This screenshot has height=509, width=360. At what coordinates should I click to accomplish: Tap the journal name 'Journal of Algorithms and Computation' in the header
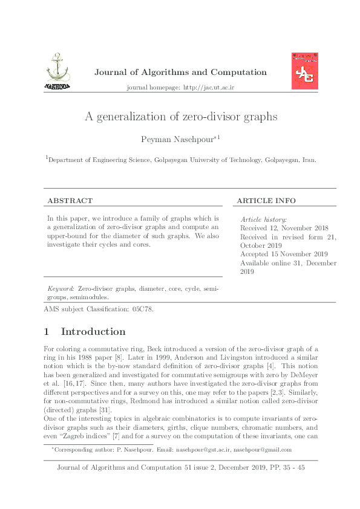pos(180,73)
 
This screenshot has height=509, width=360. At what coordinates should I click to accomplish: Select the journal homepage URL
pos(208,88)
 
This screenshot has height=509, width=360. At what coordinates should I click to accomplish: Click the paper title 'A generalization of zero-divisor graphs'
pos(180,117)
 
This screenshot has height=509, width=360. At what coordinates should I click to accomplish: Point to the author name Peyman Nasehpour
pos(178,140)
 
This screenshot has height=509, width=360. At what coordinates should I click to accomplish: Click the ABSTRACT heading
pos(70,201)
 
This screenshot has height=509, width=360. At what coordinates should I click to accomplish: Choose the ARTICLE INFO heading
pos(266,201)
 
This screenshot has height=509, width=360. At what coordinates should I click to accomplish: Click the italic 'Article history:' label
pos(264,219)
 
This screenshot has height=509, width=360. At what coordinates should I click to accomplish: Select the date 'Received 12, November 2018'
pos(284,229)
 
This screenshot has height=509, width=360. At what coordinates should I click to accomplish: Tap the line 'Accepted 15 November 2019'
pos(284,254)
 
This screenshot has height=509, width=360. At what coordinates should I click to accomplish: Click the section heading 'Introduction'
pos(93,332)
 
